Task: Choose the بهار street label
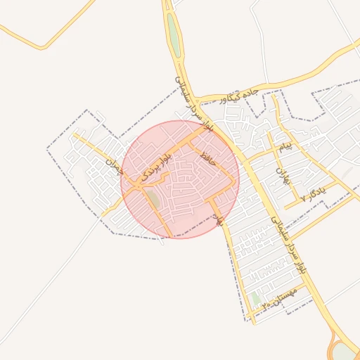[219, 219]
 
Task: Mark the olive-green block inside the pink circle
[153, 199]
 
